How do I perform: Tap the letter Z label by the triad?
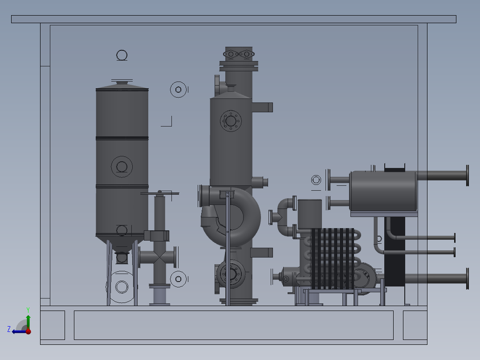(9, 329)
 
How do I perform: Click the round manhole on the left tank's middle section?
(122, 167)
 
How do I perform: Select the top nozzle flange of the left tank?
(122, 82)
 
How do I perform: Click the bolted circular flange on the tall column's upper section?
(231, 121)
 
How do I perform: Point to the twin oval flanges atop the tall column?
(239, 54)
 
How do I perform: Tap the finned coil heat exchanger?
(333, 259)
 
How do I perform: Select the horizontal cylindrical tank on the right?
(383, 191)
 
